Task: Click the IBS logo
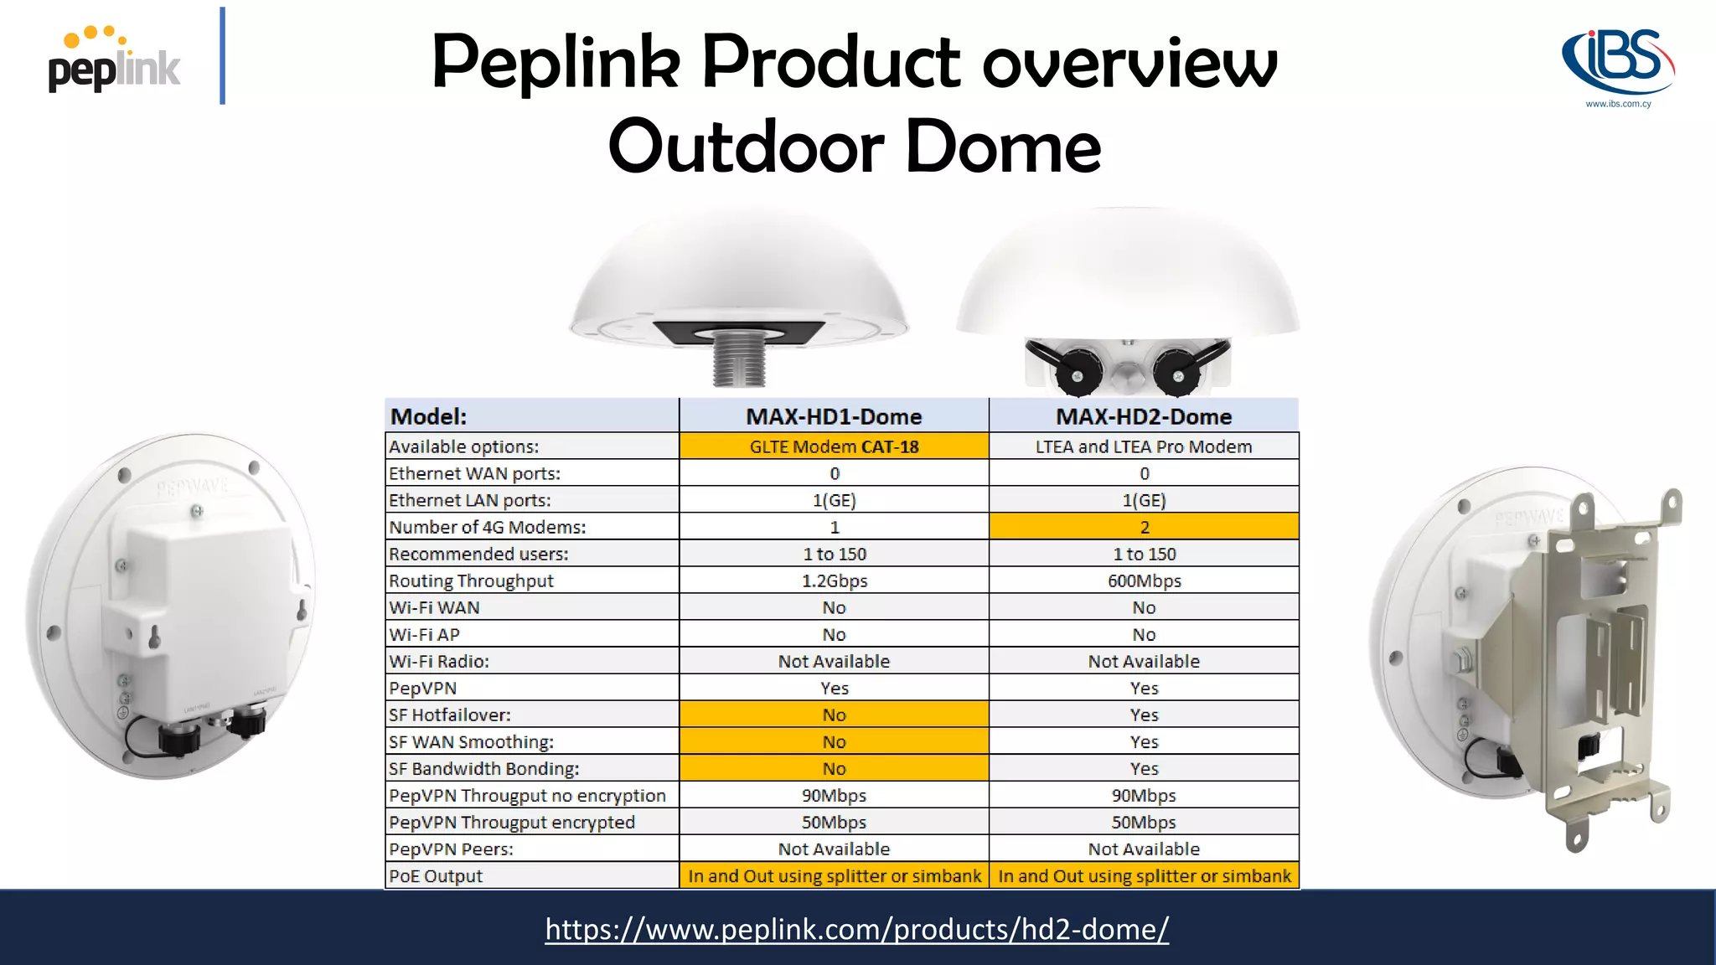tap(1618, 65)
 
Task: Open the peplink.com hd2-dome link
tap(856, 929)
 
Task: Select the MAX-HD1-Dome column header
tap(834, 416)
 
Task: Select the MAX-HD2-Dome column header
tap(1144, 416)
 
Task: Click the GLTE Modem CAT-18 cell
tap(834, 446)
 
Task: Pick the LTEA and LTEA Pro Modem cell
tap(1144, 446)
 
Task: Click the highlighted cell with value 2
tap(1144, 527)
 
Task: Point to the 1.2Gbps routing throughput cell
tap(834, 581)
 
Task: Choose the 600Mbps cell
tap(1144, 581)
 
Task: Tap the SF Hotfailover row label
tap(450, 715)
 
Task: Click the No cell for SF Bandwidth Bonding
tap(834, 768)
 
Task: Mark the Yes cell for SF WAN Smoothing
tap(1144, 741)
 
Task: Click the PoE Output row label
tap(436, 875)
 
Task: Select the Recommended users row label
tap(478, 554)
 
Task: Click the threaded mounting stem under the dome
tap(738, 359)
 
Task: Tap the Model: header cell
tap(429, 416)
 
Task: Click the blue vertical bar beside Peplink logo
tap(222, 56)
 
